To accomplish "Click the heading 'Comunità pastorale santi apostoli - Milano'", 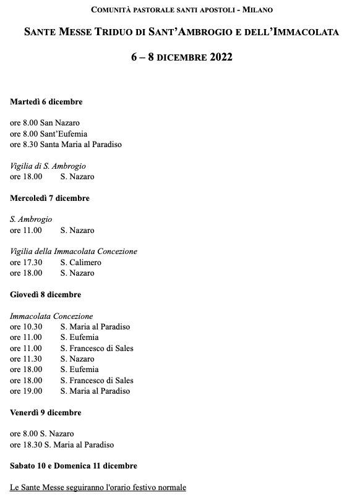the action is (x=181, y=11).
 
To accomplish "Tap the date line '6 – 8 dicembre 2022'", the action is (x=181, y=57).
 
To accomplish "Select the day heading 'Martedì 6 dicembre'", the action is (x=46, y=102).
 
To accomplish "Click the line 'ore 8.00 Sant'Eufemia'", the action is (x=49, y=133).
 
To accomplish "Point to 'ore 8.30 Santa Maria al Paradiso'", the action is (x=66, y=145).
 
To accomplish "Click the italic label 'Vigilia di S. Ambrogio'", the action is (x=48, y=166).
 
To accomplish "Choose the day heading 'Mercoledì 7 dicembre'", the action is (x=50, y=198).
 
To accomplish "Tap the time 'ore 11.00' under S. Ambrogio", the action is (x=26, y=231).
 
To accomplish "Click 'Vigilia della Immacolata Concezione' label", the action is (x=74, y=252).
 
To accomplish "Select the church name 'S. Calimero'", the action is (x=80, y=263).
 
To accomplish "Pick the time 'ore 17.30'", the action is (x=26, y=263).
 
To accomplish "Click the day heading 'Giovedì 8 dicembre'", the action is (x=46, y=295).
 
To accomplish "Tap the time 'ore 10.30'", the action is (x=26, y=327).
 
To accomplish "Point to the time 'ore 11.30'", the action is (x=26, y=359).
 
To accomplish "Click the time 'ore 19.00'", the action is (x=26, y=391).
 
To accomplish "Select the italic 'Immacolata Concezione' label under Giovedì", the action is (x=51, y=316).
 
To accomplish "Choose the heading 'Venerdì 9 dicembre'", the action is (x=46, y=412).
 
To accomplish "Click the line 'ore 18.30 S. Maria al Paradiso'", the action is (x=62, y=444).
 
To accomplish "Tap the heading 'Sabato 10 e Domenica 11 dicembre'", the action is (x=74, y=465).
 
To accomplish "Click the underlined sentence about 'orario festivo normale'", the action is (x=98, y=487).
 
